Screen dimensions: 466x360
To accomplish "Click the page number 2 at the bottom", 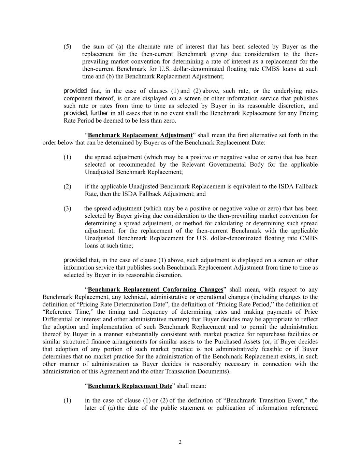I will pos(180,442).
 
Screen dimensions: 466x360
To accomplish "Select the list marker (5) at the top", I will pos(67,47).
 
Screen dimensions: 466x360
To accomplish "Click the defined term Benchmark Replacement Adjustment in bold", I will pos(140,135).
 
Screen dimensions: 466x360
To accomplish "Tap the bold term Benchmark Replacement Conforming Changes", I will pos(156,290).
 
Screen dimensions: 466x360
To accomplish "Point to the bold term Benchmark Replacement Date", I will pos(130,386).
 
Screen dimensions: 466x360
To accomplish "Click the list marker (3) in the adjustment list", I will pos(67,209).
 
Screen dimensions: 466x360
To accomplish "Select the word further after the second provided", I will pos(99,113).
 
